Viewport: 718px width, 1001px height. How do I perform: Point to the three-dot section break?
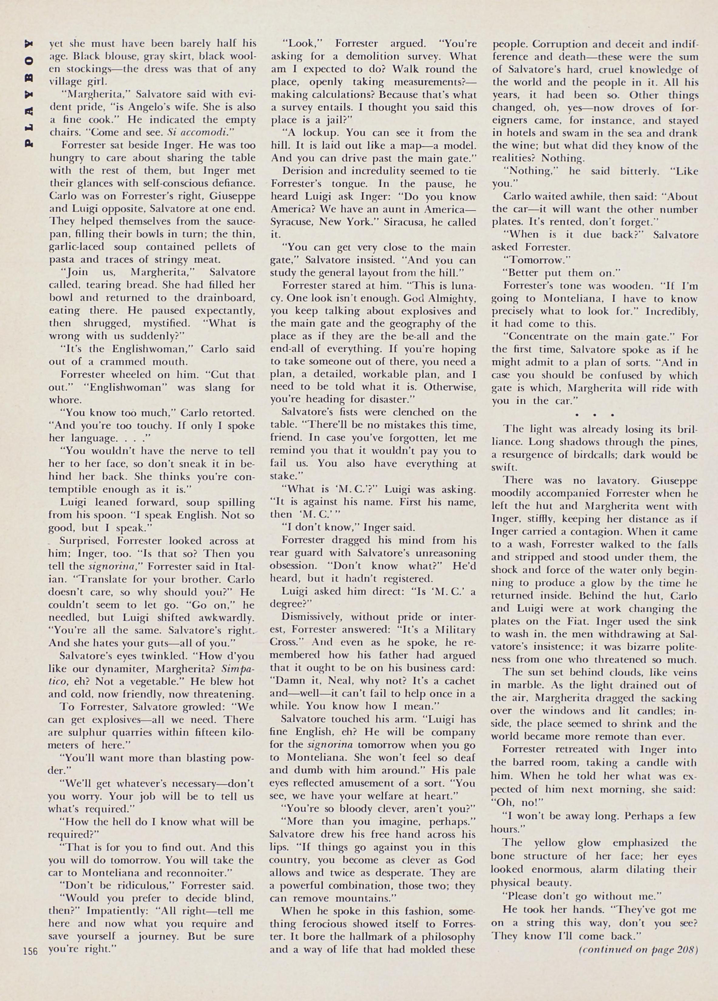coord(594,416)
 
